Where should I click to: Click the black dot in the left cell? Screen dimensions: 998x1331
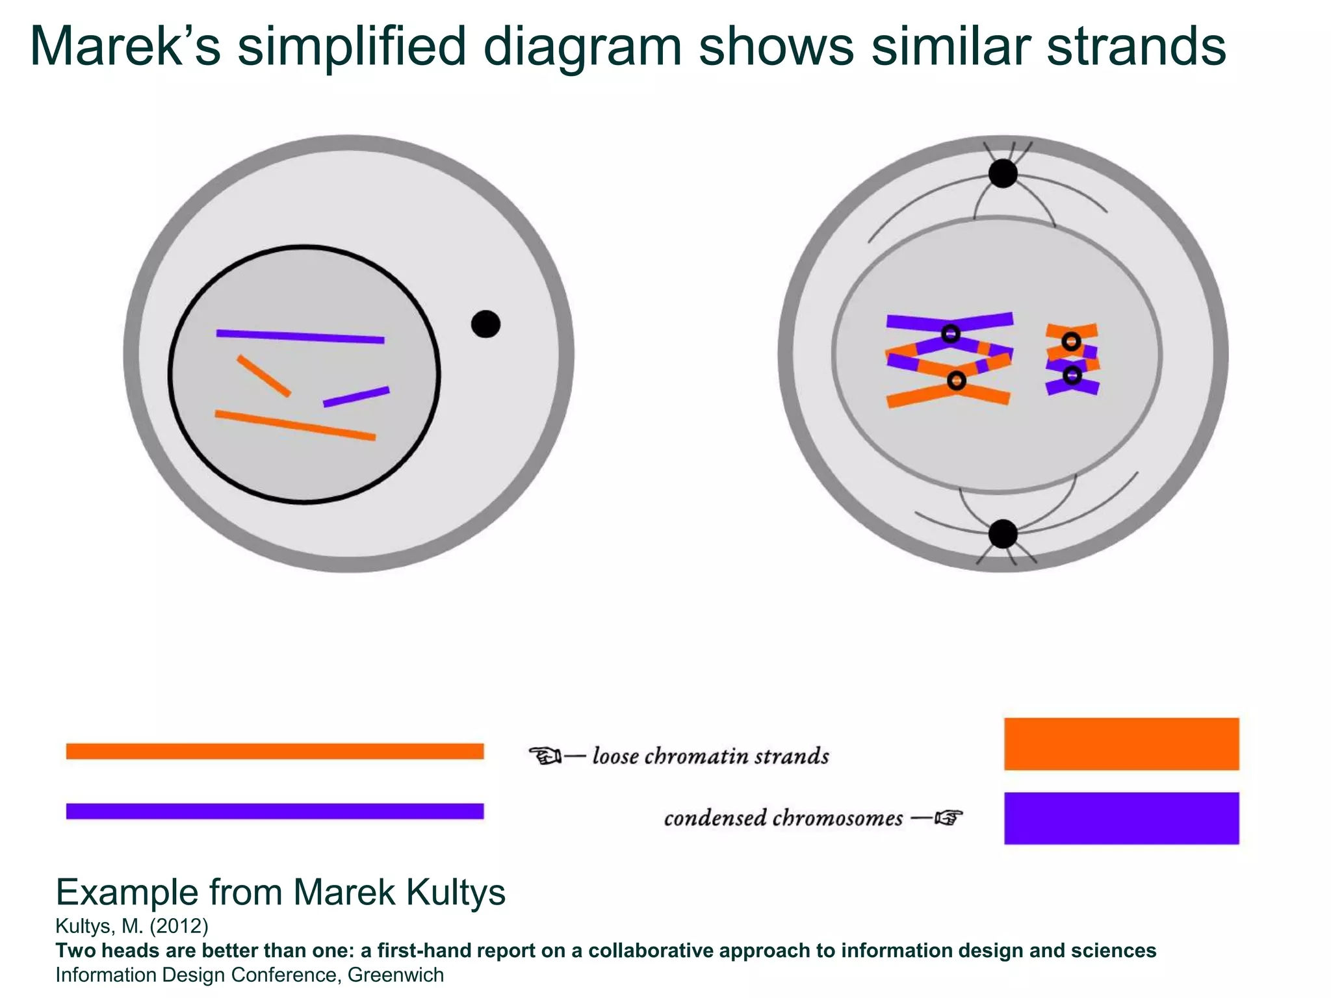click(485, 324)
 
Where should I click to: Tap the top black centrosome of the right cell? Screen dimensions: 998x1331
click(1003, 173)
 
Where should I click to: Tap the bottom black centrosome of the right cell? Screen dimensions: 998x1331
click(1003, 534)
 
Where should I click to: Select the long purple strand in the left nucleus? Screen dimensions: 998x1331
click(300, 337)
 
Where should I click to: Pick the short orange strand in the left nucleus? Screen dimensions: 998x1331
click(264, 376)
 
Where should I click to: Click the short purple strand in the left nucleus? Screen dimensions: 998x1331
click(356, 397)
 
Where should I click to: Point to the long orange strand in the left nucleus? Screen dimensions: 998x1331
click(296, 426)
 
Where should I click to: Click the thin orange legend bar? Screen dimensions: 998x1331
click(275, 751)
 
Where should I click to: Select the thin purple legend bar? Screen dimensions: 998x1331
click(275, 811)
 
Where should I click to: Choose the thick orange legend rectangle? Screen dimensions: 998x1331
click(1121, 744)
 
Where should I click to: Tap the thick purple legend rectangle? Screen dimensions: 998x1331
click(1121, 818)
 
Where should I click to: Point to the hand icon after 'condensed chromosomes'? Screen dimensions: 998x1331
click(948, 817)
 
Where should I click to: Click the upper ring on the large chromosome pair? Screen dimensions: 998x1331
click(951, 334)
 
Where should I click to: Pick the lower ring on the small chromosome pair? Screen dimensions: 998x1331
click(1072, 375)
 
